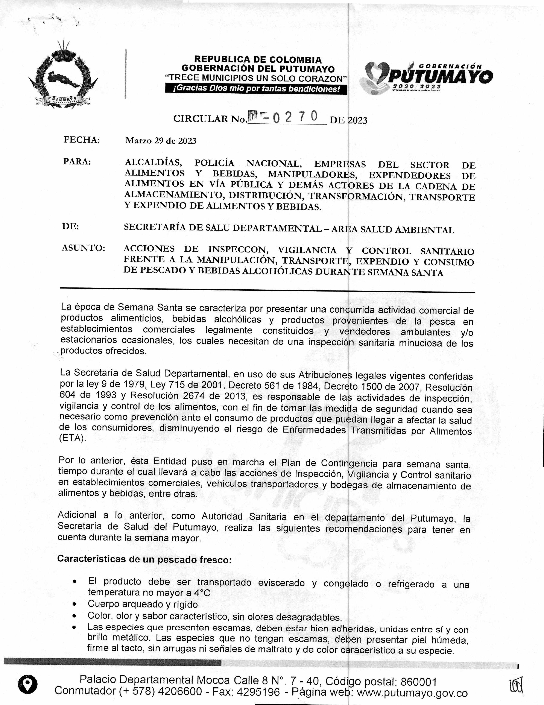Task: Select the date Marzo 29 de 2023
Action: [161, 141]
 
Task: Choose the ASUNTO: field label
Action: [83, 248]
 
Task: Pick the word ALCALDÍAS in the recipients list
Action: [153, 162]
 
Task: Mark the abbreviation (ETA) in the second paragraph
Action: [73, 439]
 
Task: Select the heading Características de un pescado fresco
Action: [144, 559]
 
